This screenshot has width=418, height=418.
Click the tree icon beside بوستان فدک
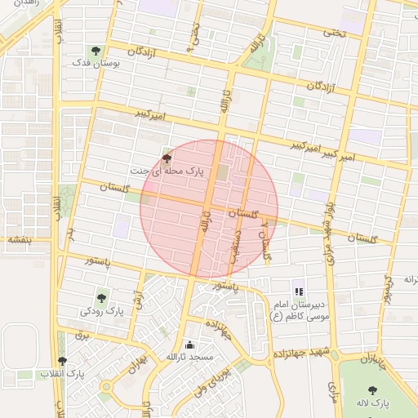pos(97,51)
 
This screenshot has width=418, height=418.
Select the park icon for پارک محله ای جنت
pos(167,158)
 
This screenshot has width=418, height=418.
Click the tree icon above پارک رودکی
pos(101,299)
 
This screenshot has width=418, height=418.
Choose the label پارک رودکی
pos(101,312)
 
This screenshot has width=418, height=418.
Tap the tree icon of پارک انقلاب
pos(62,361)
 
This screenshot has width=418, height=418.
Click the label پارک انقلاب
pos(62,374)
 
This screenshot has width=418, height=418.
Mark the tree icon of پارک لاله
pos(373,391)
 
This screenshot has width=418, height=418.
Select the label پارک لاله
pos(373,404)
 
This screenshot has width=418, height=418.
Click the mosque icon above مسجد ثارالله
pos(189,345)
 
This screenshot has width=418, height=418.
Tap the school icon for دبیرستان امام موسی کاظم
pos(299,291)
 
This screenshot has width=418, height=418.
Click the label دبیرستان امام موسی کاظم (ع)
pos(298,309)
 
